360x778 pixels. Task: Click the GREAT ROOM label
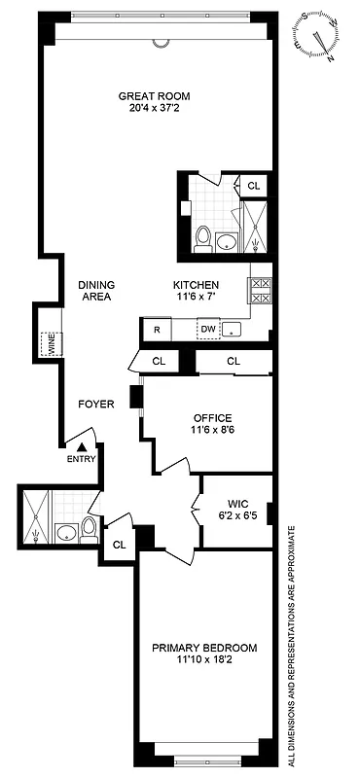point(154,95)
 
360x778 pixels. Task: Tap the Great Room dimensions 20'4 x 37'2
point(154,108)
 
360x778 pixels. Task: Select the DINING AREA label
point(97,291)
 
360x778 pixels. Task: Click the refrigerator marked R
point(156,330)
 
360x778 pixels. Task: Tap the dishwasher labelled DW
point(207,329)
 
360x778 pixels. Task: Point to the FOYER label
point(97,403)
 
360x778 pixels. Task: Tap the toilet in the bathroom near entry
point(89,530)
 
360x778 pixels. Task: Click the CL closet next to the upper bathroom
point(253,186)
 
